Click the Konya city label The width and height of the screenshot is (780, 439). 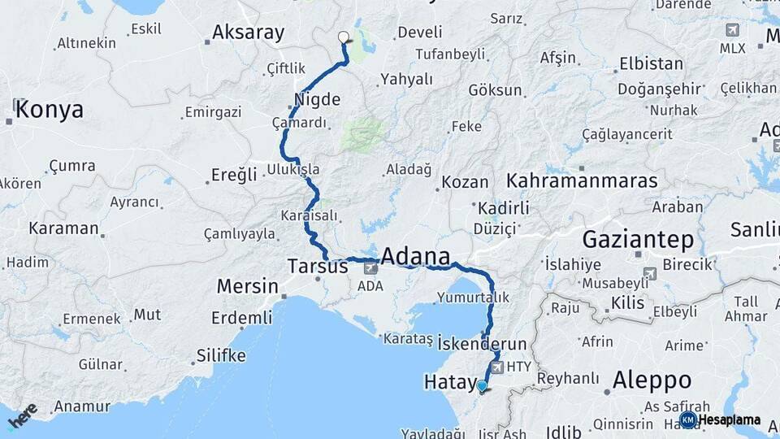coord(49,110)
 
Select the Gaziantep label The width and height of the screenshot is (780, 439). coord(638,239)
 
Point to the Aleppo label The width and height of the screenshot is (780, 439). coord(652,380)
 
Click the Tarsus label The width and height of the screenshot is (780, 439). coord(318,266)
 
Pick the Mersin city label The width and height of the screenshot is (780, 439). coord(247,286)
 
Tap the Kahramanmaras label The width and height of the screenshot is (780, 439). coord(582,181)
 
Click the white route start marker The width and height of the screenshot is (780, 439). coord(343,37)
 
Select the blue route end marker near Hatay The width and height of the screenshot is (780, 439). coord(482,386)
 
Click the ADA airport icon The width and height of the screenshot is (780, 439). coord(371,267)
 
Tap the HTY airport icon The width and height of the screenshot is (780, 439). coord(497,367)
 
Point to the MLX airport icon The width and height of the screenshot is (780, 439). coord(732,31)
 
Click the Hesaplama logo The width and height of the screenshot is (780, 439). coord(721,419)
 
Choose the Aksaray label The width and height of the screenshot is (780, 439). coord(248,33)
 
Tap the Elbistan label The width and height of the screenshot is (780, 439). coord(651,63)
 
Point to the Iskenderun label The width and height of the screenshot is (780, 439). coord(482,344)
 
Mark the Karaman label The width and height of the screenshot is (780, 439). coord(63,228)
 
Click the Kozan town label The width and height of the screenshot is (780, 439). coord(466,183)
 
